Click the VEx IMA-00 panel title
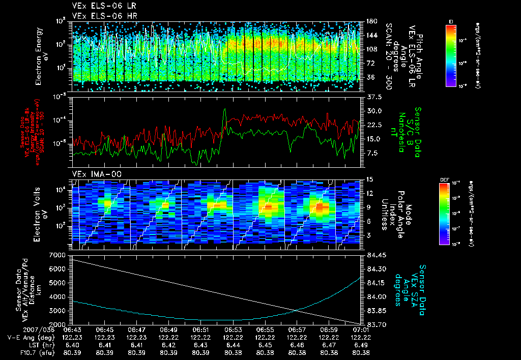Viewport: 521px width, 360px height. coord(93,174)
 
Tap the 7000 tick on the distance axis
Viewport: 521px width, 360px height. coord(57,254)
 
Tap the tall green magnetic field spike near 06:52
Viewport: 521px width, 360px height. coord(224,110)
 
